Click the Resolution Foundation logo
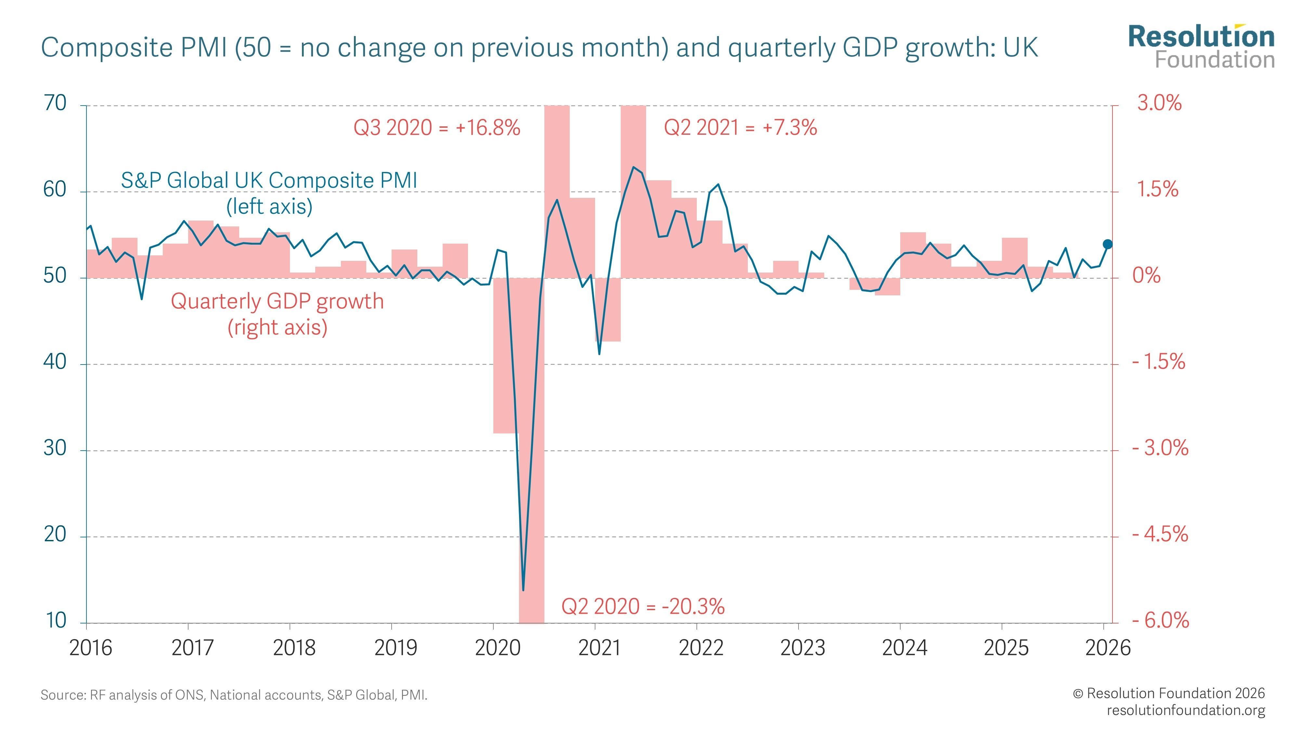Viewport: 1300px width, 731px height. point(1201,46)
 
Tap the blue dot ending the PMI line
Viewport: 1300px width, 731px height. point(1108,244)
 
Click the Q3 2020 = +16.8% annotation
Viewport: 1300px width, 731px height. point(436,128)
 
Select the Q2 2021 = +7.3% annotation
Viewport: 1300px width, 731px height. point(740,128)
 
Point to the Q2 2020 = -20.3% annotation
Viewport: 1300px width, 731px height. point(643,606)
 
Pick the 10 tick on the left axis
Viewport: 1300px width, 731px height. point(56,621)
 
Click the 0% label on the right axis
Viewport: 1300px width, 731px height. point(1147,276)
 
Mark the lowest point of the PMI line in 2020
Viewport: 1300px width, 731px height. point(523,589)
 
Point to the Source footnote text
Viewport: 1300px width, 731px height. point(234,695)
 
